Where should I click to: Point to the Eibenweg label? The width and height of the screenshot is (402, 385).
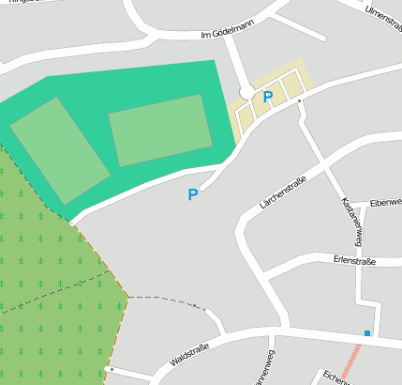[x=385, y=202]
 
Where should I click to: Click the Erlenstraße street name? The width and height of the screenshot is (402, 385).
[x=354, y=260]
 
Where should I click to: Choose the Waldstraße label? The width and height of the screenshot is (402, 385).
[x=189, y=354]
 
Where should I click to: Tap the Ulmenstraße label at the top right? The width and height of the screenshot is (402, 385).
[x=382, y=16]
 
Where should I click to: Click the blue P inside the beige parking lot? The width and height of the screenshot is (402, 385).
[x=268, y=97]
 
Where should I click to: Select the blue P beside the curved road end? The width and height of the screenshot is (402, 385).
[x=193, y=195]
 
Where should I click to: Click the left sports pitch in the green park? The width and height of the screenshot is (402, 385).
[x=60, y=149]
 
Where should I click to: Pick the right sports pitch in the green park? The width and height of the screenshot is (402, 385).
[x=160, y=130]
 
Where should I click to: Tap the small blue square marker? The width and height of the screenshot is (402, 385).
[x=367, y=333]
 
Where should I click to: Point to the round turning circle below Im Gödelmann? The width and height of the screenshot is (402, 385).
[x=246, y=91]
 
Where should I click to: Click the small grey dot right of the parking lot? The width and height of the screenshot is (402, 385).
[x=299, y=100]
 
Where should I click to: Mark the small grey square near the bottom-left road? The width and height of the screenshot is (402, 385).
[x=110, y=369]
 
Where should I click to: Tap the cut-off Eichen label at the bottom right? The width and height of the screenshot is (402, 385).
[x=335, y=377]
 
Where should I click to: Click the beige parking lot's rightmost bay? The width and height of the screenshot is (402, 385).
[x=294, y=83]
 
